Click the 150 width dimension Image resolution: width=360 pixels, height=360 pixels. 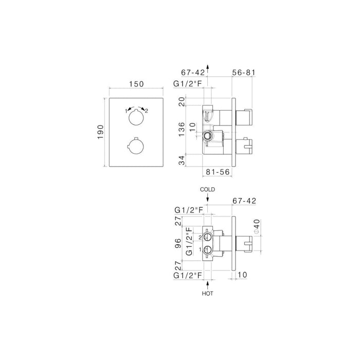point(136,84)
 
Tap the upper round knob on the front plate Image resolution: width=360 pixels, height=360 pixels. point(136,120)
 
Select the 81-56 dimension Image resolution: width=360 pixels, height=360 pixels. point(217,173)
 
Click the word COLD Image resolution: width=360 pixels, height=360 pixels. point(208,190)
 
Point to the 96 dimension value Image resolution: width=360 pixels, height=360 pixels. point(179,242)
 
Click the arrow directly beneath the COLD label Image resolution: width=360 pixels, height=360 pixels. point(208,199)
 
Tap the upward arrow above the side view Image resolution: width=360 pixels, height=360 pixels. point(208,67)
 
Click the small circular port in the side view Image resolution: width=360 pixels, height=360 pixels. point(208,136)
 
